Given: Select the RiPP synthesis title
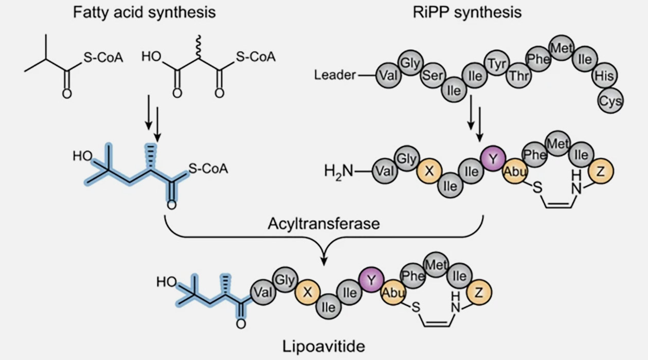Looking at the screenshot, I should pyautogui.click(x=467, y=12).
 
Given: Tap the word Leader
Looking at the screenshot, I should pyautogui.click(x=335, y=76).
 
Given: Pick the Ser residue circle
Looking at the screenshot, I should pyautogui.click(x=433, y=76).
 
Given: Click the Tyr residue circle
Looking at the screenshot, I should pyautogui.click(x=496, y=64).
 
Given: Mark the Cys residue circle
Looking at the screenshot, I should pyautogui.click(x=610, y=101).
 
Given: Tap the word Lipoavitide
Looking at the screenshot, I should pyautogui.click(x=324, y=346).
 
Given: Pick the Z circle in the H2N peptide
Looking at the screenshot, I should pyautogui.click(x=600, y=172).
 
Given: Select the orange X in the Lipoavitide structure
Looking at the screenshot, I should pyautogui.click(x=308, y=292).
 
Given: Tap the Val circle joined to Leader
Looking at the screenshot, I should pyautogui.click(x=388, y=76).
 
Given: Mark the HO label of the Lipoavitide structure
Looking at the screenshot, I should pyautogui.click(x=167, y=282).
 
